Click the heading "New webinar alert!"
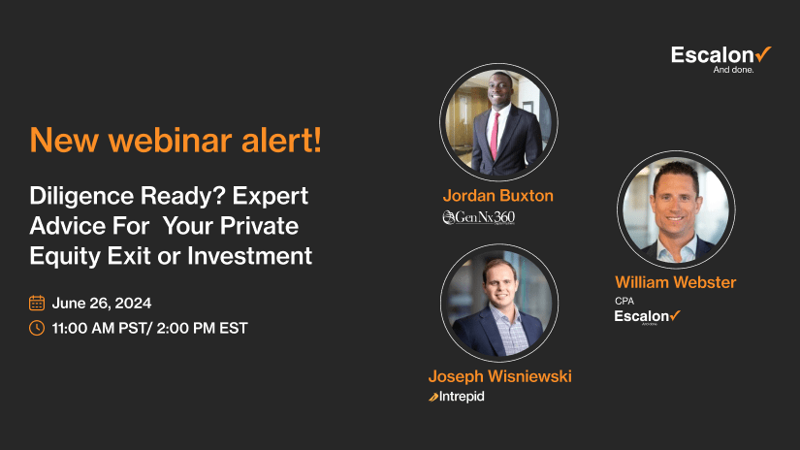(176, 140)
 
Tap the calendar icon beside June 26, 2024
(37, 303)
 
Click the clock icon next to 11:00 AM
(37, 328)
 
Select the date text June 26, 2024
(102, 303)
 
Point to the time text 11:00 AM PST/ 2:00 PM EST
(149, 328)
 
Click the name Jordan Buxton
(497, 196)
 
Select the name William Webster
(675, 283)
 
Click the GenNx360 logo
(478, 217)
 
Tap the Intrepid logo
(456, 397)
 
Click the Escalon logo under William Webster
(647, 316)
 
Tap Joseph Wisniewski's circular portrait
(498, 302)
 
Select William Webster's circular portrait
(675, 209)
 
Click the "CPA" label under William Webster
(624, 301)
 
